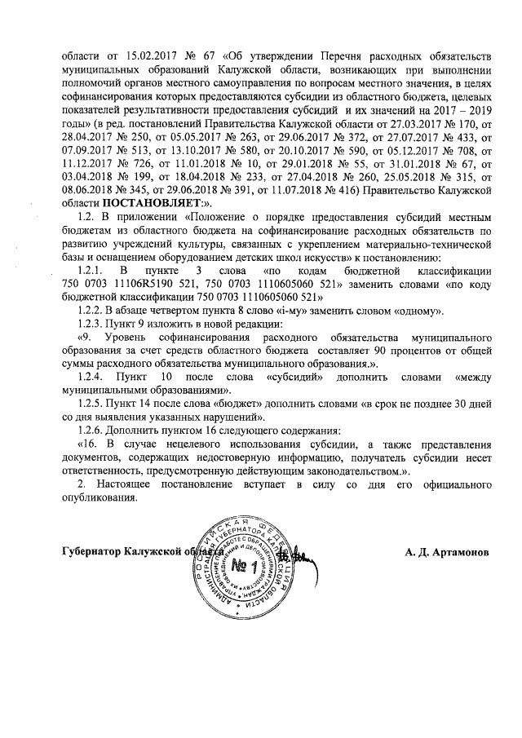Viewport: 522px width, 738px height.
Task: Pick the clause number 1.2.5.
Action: pyautogui.click(x=90, y=404)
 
